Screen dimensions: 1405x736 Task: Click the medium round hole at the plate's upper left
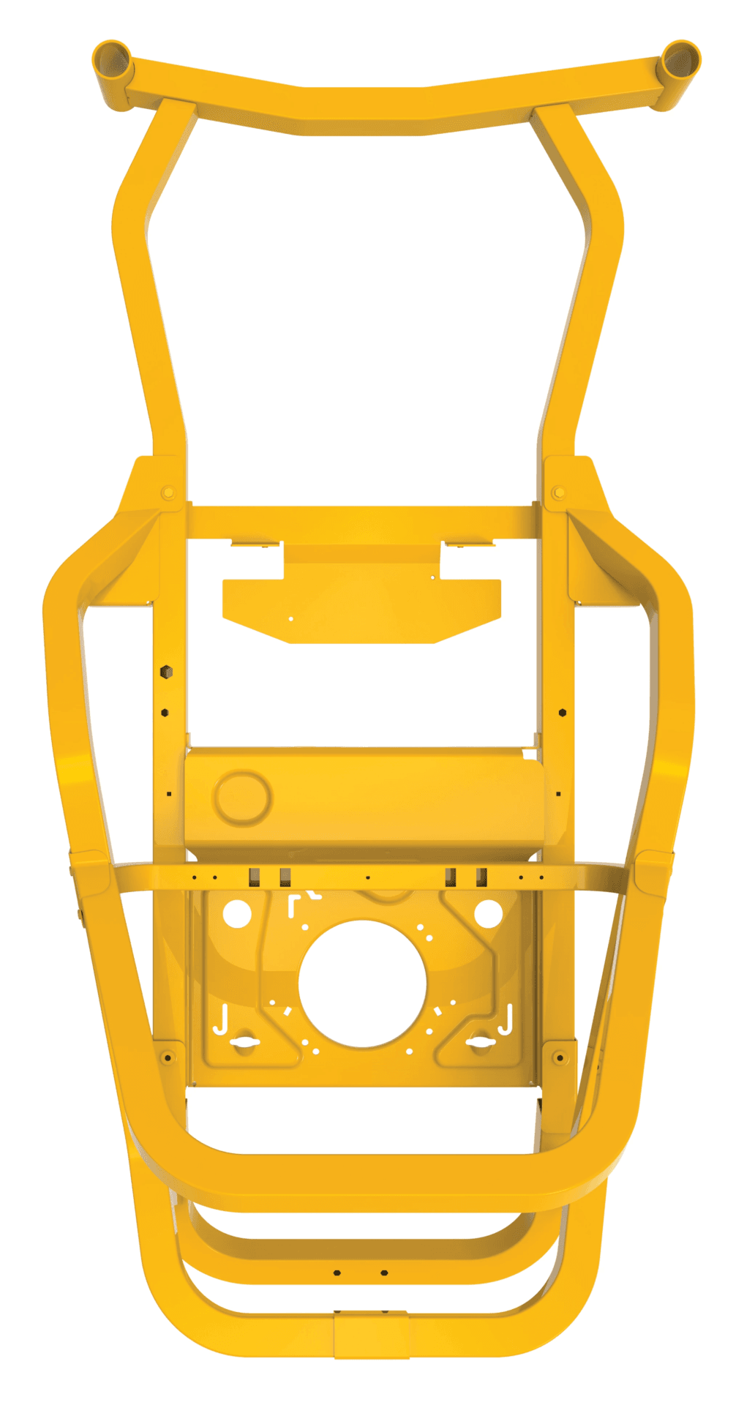point(237,913)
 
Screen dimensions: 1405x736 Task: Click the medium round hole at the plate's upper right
point(488,913)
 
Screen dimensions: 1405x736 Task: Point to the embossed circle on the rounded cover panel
point(241,797)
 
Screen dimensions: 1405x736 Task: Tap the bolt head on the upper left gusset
point(168,492)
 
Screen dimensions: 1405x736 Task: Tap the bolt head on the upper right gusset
point(558,492)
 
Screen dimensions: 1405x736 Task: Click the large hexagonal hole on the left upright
point(166,671)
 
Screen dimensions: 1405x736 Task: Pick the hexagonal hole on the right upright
point(562,711)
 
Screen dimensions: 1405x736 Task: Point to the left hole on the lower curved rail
point(337,1273)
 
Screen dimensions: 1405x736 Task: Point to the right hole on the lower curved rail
point(385,1273)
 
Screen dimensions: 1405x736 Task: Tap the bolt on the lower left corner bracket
point(168,1057)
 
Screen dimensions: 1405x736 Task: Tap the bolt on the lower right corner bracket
point(560,1057)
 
